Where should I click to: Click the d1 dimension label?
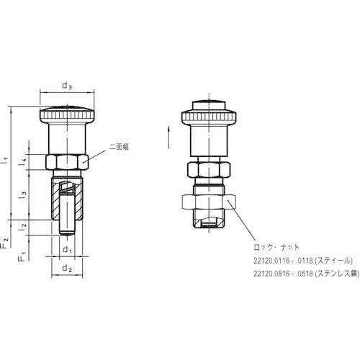[67, 251]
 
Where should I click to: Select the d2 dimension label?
[67, 268]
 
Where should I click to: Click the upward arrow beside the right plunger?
[170, 132]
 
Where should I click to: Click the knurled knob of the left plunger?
[67, 114]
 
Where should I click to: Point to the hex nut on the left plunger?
[67, 161]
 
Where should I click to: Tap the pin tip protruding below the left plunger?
[67, 229]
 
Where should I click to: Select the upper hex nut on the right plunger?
[207, 169]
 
